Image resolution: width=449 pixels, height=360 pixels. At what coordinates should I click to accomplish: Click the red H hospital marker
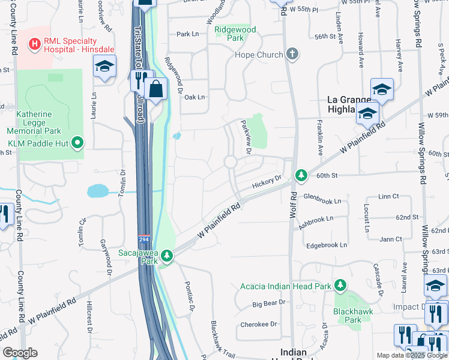click(x=35, y=43)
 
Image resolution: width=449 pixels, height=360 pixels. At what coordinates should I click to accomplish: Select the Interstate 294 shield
click(x=144, y=239)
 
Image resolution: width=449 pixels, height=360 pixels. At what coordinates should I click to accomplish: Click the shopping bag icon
click(x=155, y=89)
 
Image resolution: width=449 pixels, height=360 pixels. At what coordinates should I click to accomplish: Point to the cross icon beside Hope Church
click(x=292, y=55)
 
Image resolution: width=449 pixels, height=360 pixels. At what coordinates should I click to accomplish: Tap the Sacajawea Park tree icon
click(x=167, y=257)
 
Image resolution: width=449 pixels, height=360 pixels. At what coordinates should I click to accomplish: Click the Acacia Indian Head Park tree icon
click(x=340, y=285)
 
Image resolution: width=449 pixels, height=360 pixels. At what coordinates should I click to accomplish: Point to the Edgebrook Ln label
click(x=327, y=245)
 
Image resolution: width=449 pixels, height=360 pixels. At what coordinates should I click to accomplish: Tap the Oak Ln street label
click(x=194, y=97)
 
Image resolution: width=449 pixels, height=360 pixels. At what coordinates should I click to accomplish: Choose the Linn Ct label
click(x=389, y=197)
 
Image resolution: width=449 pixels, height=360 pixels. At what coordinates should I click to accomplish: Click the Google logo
click(x=20, y=353)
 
